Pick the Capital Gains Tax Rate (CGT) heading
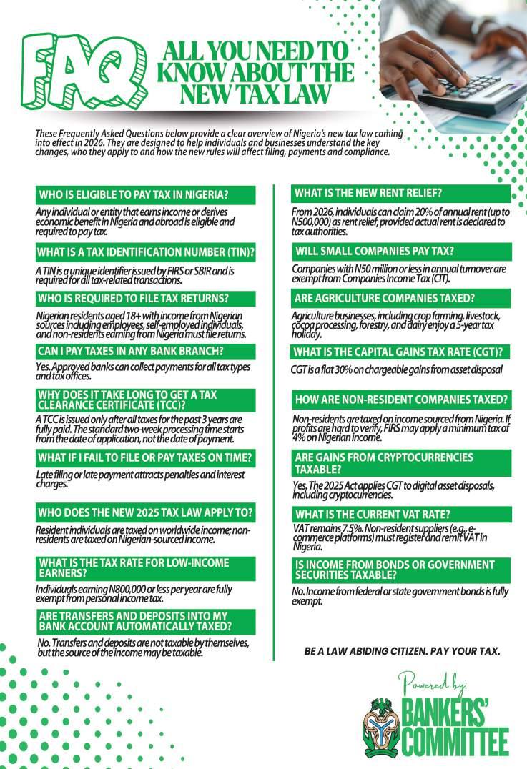pyautogui.click(x=401, y=352)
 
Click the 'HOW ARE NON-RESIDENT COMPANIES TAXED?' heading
pyautogui.click(x=401, y=400)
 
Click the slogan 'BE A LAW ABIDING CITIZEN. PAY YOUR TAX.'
pyautogui.click(x=402, y=651)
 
